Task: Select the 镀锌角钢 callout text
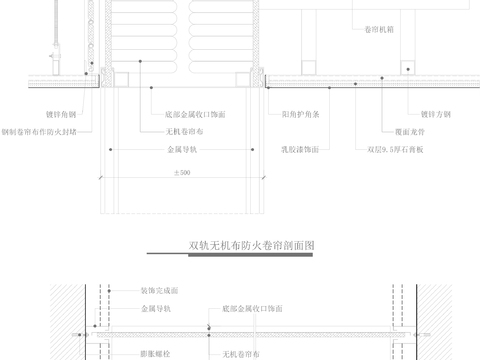click(x=33, y=114)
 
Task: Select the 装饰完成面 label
click(x=159, y=291)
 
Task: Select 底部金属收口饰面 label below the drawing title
click(x=254, y=308)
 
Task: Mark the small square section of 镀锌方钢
click(x=407, y=68)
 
